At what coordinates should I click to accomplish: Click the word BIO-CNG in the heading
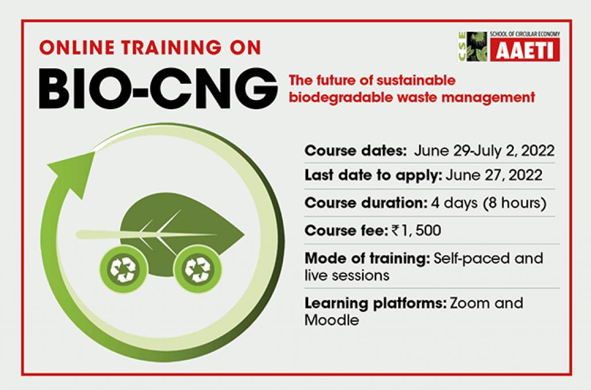click(158, 88)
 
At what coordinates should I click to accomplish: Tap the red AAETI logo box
click(525, 50)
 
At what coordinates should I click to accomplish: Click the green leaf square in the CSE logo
click(477, 46)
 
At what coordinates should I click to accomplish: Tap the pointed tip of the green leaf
click(244, 235)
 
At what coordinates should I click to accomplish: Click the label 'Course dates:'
click(356, 151)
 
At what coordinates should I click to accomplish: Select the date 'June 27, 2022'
click(494, 176)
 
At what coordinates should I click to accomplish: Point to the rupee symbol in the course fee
click(395, 230)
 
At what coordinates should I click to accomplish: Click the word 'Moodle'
click(332, 320)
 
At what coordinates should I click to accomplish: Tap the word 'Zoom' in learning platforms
click(469, 303)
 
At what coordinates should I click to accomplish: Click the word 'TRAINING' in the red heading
click(171, 47)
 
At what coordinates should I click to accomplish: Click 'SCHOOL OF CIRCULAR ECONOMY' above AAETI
click(525, 34)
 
